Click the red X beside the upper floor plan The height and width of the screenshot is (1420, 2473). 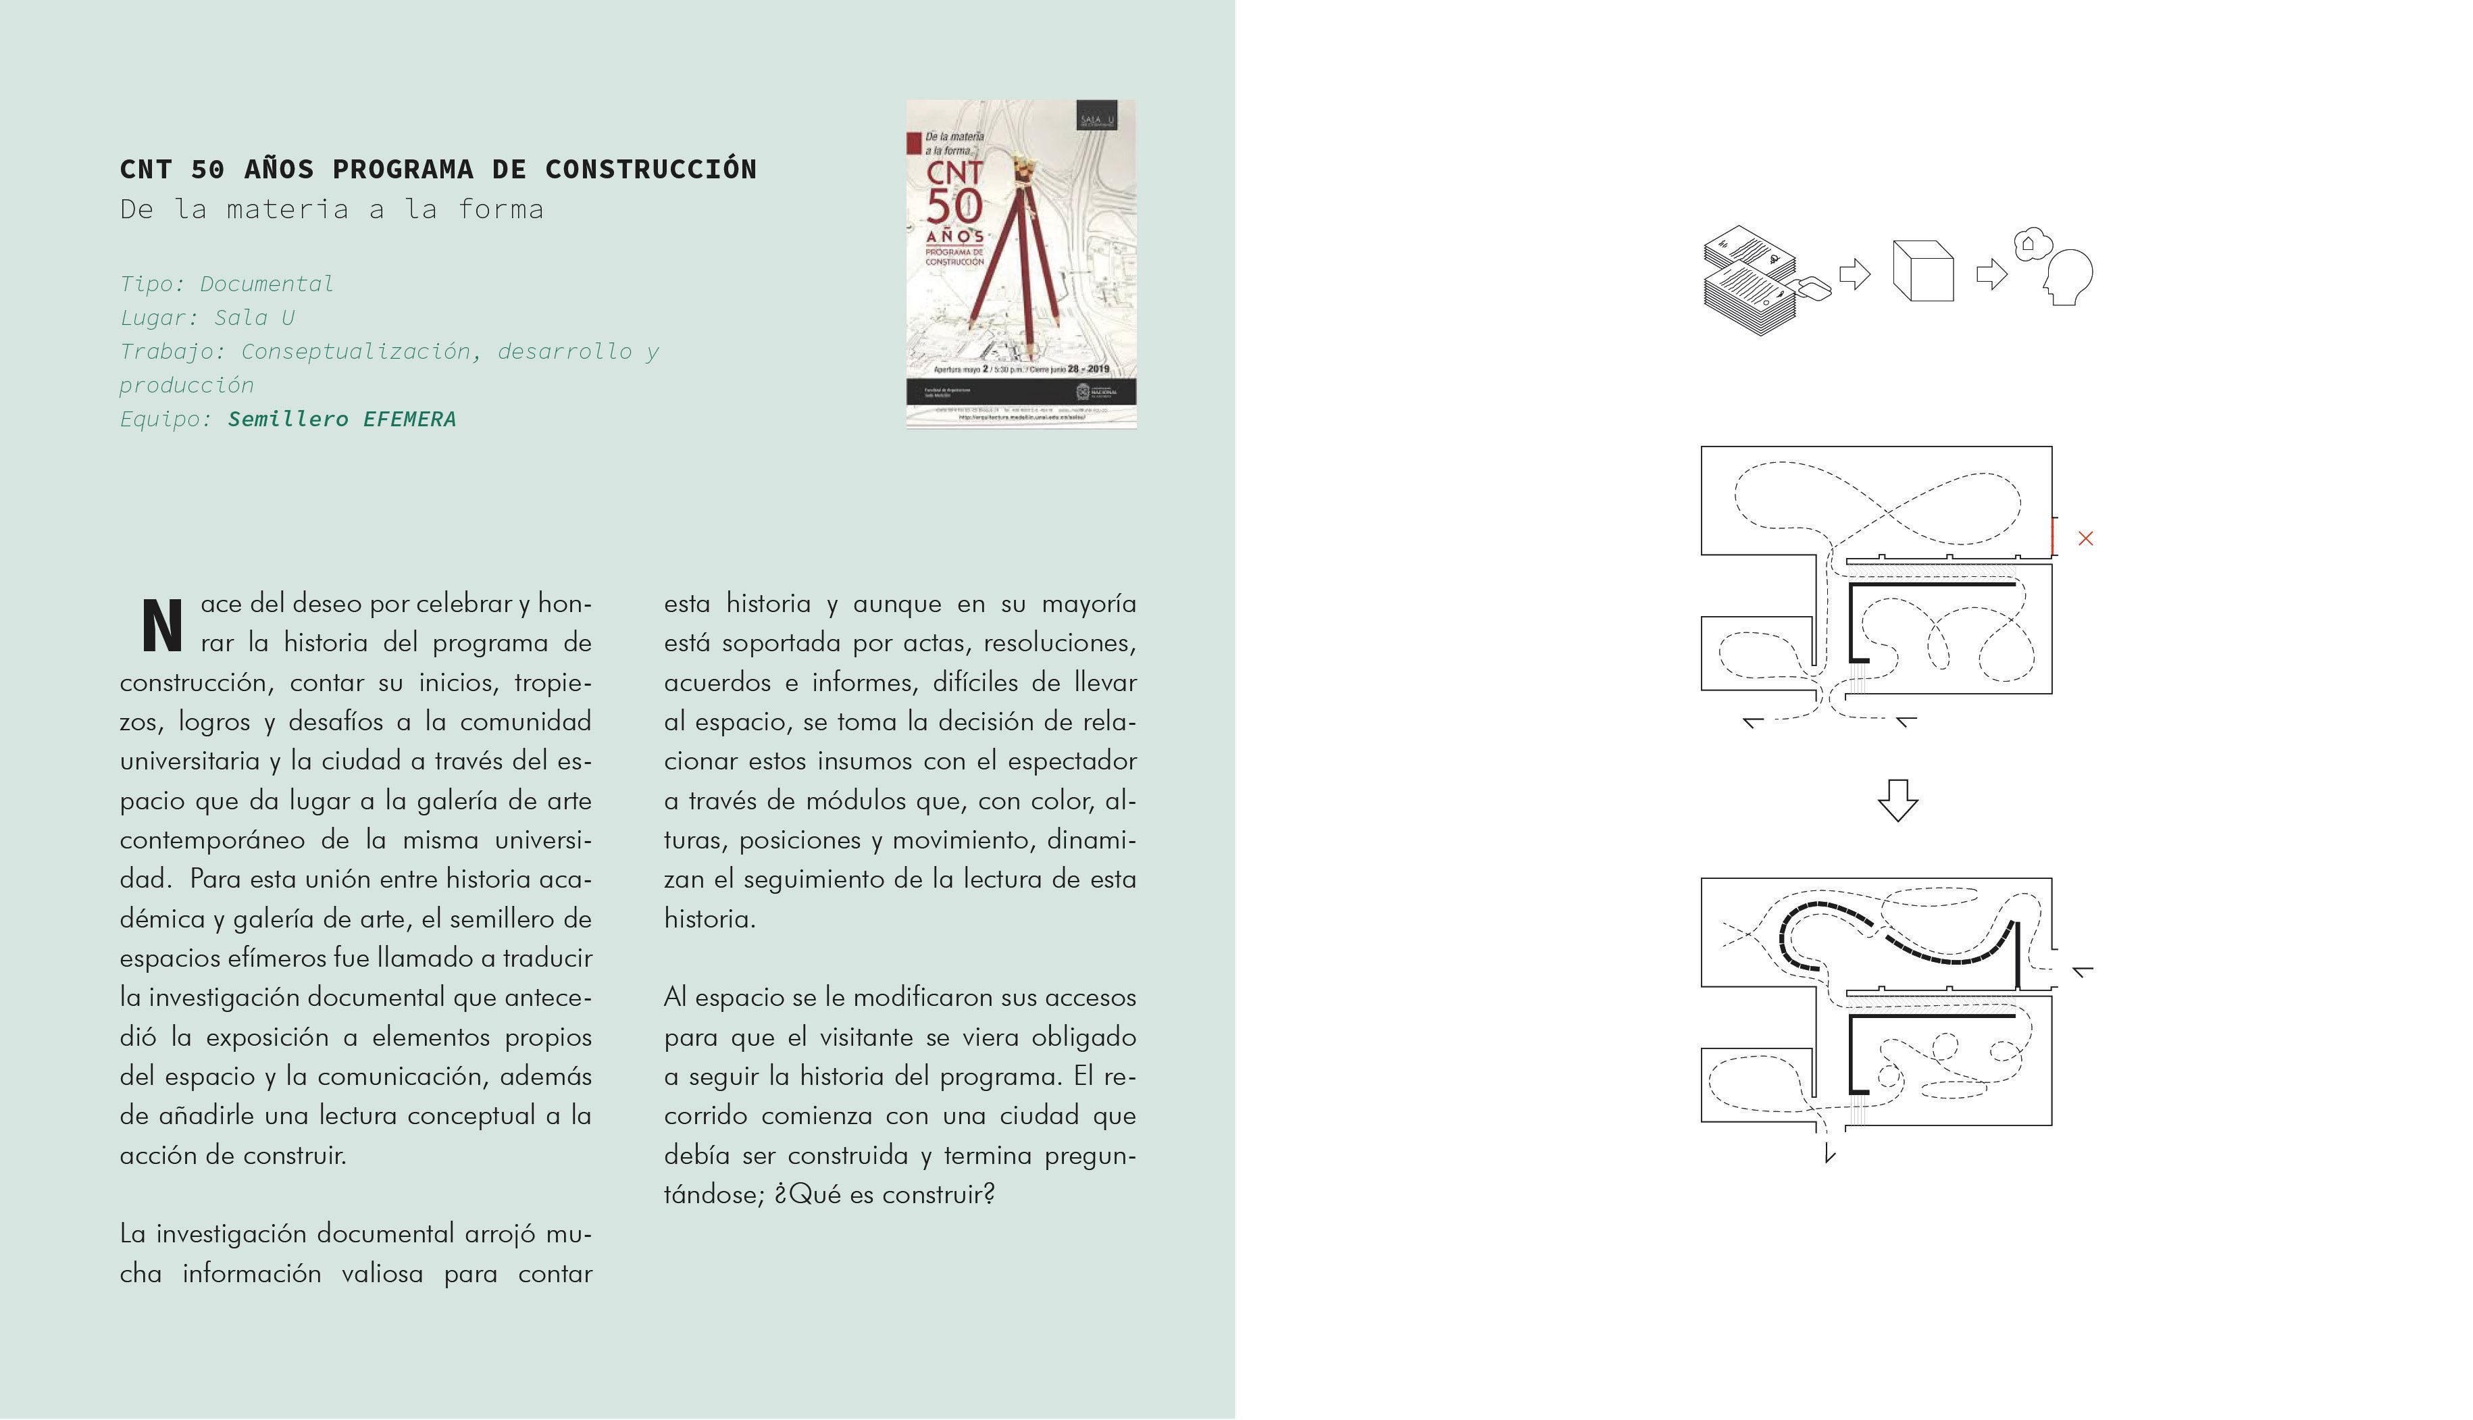click(x=2085, y=538)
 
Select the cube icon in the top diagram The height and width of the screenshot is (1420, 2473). click(x=1922, y=272)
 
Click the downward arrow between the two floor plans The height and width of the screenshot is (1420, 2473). click(x=1897, y=800)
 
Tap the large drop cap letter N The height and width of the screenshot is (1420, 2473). click(x=162, y=626)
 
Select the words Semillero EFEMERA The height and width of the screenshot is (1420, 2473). click(x=341, y=420)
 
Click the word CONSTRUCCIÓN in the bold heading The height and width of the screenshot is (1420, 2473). click(x=651, y=170)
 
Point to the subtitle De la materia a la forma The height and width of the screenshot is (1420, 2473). click(x=332, y=209)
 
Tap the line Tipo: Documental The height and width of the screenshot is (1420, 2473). click(x=226, y=284)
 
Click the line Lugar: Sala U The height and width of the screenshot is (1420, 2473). click(x=207, y=318)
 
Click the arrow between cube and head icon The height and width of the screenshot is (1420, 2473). click(x=1990, y=274)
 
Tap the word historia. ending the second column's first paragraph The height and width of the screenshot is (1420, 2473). click(x=709, y=919)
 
